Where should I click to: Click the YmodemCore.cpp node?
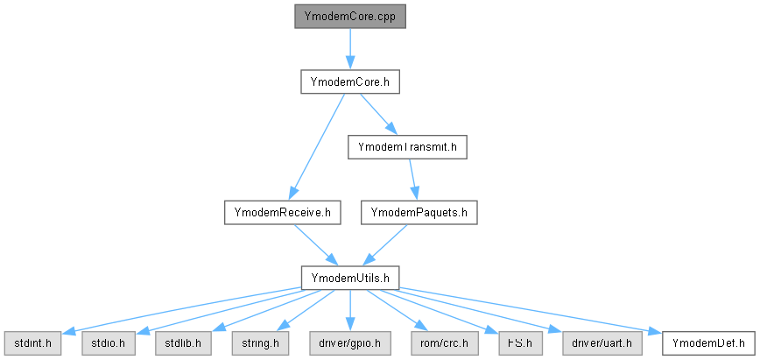[x=350, y=17]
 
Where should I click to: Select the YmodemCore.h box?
[x=350, y=81]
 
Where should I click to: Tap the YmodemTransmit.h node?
[x=407, y=146]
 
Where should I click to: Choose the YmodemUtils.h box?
[x=350, y=277]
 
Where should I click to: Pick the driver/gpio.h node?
[x=350, y=342]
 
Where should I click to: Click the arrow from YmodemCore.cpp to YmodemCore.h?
[x=350, y=48]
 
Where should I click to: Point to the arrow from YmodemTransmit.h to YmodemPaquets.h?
[x=414, y=179]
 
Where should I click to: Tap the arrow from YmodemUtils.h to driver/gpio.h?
[x=350, y=308]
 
